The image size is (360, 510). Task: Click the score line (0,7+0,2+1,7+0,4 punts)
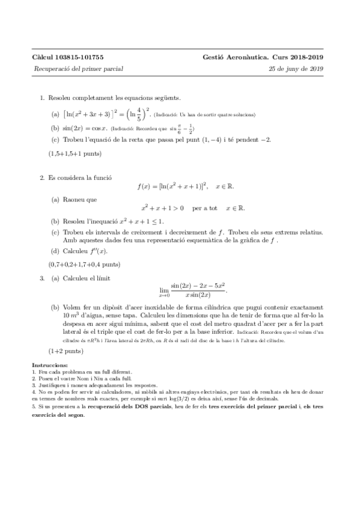[84, 264]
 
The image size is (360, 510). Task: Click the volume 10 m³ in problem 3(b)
[71, 315]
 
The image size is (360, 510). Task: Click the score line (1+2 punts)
[66, 350]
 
